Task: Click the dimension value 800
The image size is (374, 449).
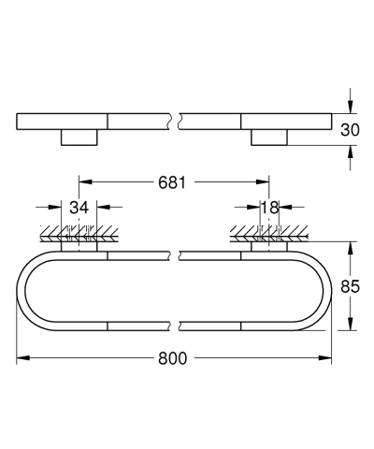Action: click(174, 358)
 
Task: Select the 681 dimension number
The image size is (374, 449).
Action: click(174, 183)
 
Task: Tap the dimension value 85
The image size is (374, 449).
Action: click(351, 288)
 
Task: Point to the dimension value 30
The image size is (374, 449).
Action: click(351, 132)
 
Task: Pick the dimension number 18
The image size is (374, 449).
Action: click(270, 208)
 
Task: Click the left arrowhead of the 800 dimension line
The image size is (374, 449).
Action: click(22, 358)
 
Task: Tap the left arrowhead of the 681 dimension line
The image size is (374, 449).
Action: click(84, 183)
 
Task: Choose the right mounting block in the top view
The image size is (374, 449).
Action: click(270, 138)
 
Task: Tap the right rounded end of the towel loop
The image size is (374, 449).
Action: click(326, 286)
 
